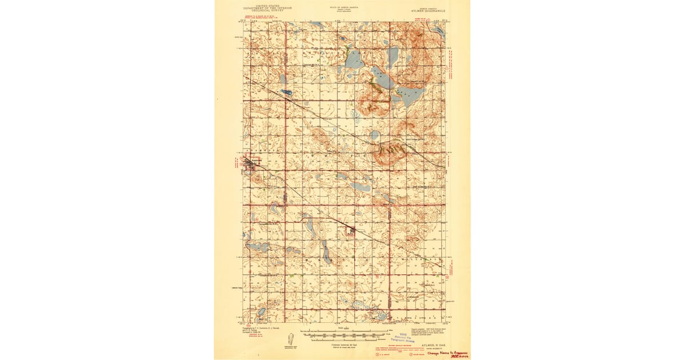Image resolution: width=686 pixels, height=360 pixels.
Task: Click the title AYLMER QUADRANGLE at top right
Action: coord(430,10)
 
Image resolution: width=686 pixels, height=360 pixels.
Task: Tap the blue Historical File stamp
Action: coord(404,337)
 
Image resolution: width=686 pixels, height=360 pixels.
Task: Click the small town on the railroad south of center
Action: coord(352,231)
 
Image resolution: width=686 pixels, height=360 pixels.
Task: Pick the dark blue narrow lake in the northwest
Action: coord(286,92)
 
